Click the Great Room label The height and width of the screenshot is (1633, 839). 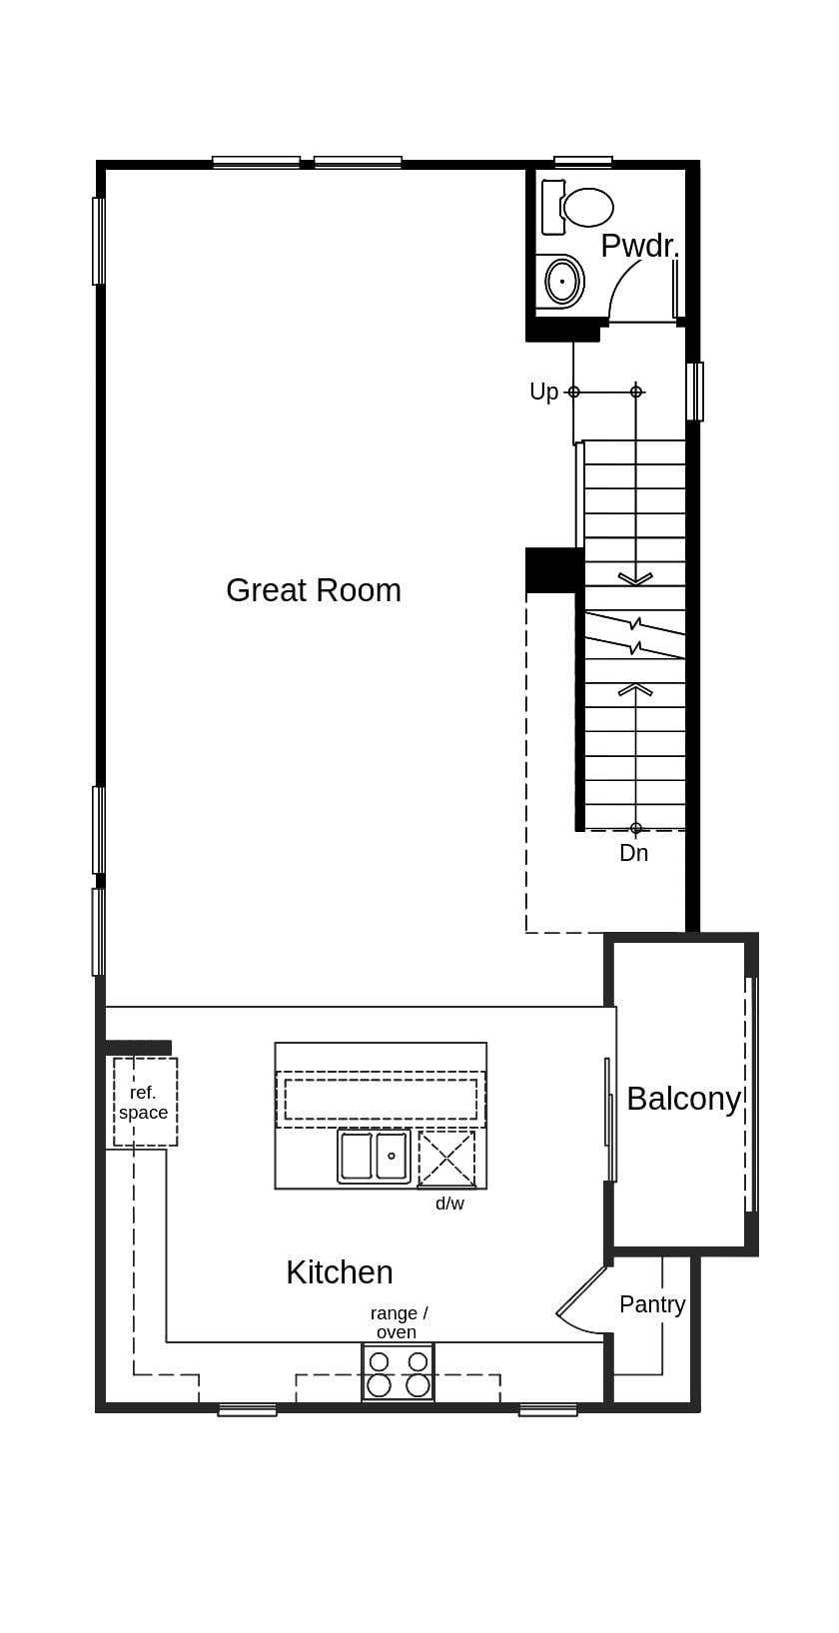313,590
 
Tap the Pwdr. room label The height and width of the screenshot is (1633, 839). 639,246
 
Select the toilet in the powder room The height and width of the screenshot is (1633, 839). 579,207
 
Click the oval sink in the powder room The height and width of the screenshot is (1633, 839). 563,282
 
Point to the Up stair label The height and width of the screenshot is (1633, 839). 543,392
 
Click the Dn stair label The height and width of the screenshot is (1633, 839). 633,853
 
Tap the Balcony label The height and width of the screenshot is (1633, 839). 683,1099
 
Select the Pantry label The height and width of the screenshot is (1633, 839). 652,1304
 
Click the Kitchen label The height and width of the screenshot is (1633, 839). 339,1272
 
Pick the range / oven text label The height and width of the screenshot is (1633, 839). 398,1322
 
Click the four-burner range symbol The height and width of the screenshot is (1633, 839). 398,1373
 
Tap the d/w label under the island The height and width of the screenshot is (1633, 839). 449,1204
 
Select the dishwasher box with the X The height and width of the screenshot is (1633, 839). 446,1159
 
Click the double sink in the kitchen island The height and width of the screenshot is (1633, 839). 374,1157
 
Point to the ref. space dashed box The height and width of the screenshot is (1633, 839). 145,1102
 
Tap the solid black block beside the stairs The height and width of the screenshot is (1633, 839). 553,570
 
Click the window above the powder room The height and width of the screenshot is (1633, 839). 582,162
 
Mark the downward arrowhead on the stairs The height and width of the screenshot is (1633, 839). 635,578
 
